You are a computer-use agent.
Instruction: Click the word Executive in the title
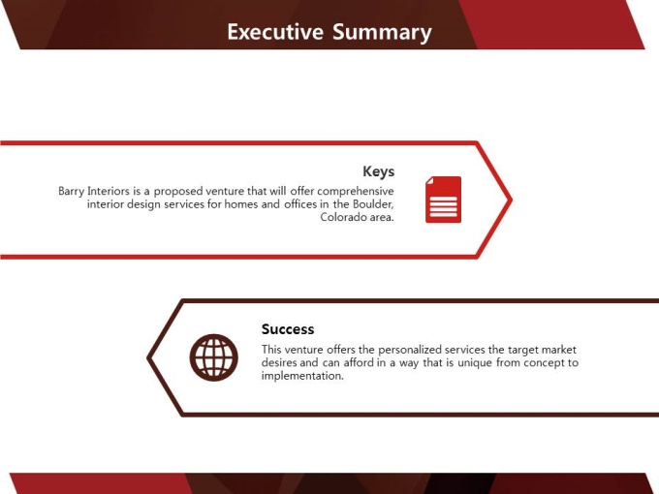click(x=275, y=32)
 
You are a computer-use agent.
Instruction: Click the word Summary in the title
click(x=382, y=33)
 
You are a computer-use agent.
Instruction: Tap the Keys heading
click(x=379, y=171)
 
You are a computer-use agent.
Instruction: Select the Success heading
click(x=288, y=329)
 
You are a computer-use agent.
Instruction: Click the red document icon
click(x=444, y=200)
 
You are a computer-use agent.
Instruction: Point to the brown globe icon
click(x=213, y=357)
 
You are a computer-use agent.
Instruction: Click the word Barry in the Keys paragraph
click(x=71, y=192)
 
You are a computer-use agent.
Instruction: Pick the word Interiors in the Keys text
click(x=108, y=191)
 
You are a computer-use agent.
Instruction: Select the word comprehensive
click(x=356, y=192)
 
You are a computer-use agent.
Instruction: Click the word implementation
click(x=302, y=376)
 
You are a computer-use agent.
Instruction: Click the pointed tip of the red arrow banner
click(x=512, y=200)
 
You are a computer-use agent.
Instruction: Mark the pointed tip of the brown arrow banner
click(x=148, y=357)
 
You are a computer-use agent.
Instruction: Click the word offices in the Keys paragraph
click(x=300, y=204)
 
